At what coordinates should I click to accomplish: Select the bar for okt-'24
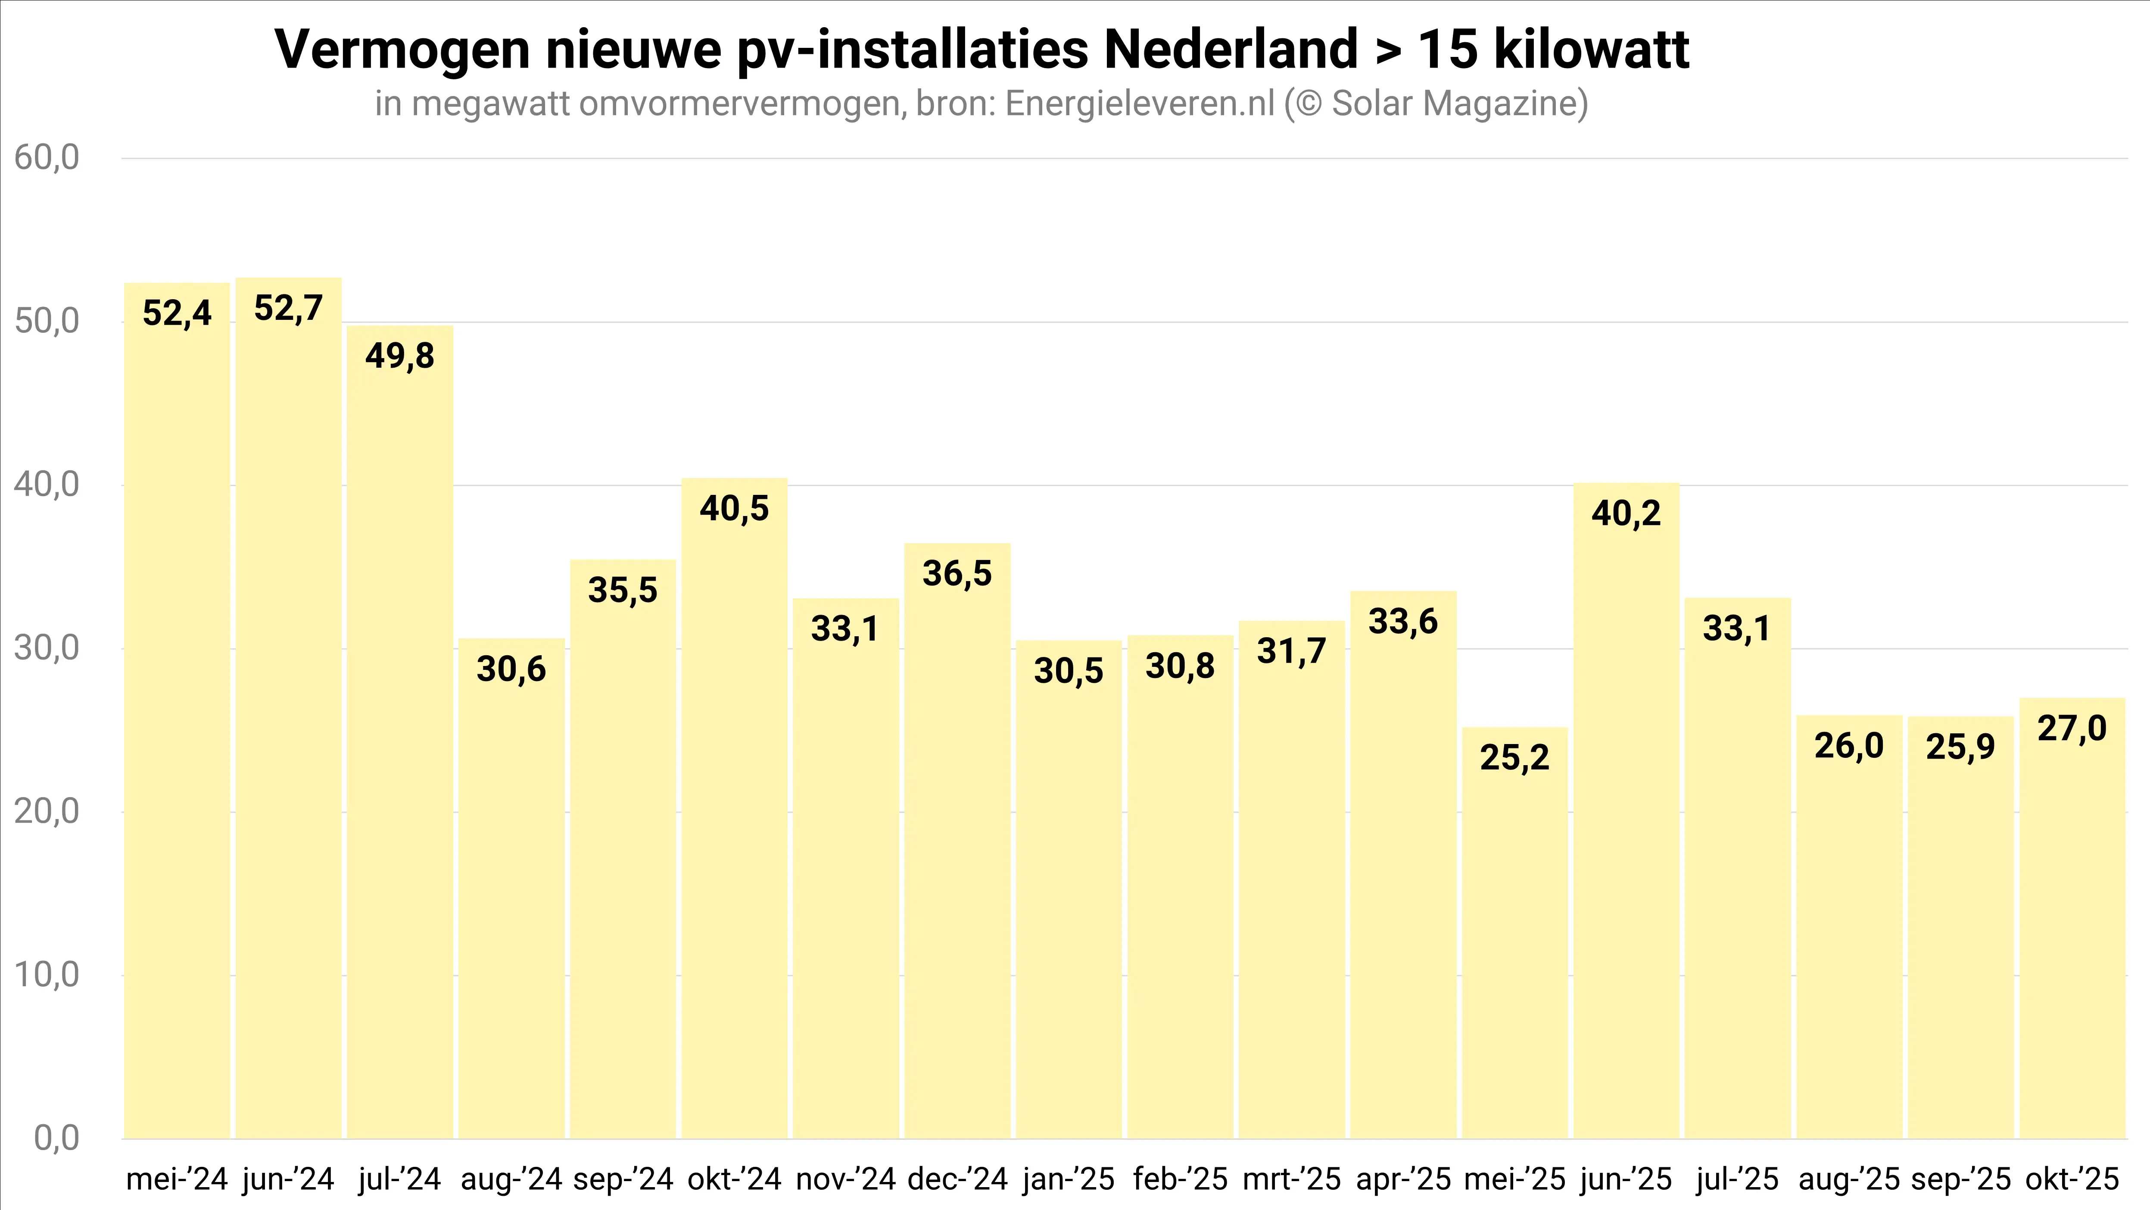tap(735, 810)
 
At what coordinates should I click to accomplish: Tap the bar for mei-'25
tap(1515, 935)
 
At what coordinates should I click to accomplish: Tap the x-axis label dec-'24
tap(957, 1179)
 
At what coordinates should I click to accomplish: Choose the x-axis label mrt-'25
tap(1291, 1179)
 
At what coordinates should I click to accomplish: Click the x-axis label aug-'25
tap(1849, 1179)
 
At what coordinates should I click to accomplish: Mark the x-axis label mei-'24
tap(177, 1179)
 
